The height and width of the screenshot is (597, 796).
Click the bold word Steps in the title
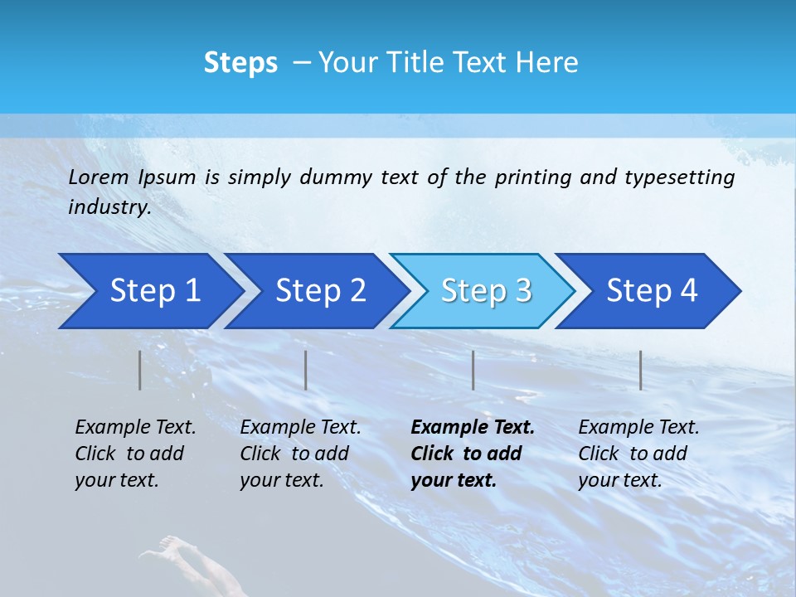240,62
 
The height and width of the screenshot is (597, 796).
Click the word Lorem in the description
99,177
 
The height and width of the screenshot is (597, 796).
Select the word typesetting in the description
679,177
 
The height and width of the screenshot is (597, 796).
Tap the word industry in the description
109,207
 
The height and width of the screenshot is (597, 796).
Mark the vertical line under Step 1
139,370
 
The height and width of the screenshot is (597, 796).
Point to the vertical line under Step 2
306,370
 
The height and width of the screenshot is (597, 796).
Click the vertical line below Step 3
473,370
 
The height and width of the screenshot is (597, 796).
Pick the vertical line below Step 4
640,370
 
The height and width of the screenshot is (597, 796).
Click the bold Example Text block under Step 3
472,454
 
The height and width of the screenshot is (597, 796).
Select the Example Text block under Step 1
135,454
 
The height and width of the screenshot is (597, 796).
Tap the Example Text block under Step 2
300,454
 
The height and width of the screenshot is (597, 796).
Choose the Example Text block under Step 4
638,454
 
